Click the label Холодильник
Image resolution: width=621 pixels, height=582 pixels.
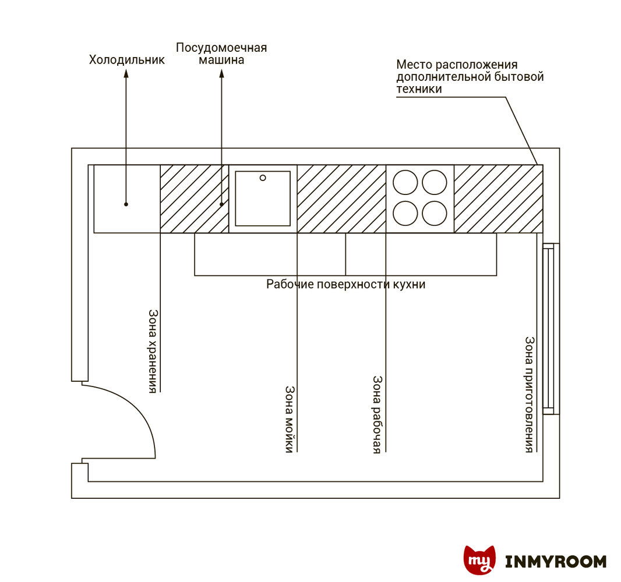point(126,60)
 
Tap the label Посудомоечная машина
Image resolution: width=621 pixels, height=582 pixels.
point(221,54)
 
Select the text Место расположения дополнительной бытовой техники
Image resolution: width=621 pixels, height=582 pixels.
point(470,77)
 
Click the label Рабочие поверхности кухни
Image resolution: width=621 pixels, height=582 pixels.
point(346,285)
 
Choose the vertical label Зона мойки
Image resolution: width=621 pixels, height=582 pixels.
point(290,418)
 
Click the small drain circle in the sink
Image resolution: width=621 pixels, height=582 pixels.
point(263,178)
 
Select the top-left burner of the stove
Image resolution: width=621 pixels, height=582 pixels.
point(405,182)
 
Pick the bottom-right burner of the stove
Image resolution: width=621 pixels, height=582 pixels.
point(434,213)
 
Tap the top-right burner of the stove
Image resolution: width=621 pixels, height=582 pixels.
point(434,182)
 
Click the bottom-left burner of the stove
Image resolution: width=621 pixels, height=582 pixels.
point(405,213)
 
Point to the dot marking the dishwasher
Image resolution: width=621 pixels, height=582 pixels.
point(221,204)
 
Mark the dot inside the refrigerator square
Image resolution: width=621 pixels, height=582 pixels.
point(126,204)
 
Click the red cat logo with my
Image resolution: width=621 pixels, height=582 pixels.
point(479,560)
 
